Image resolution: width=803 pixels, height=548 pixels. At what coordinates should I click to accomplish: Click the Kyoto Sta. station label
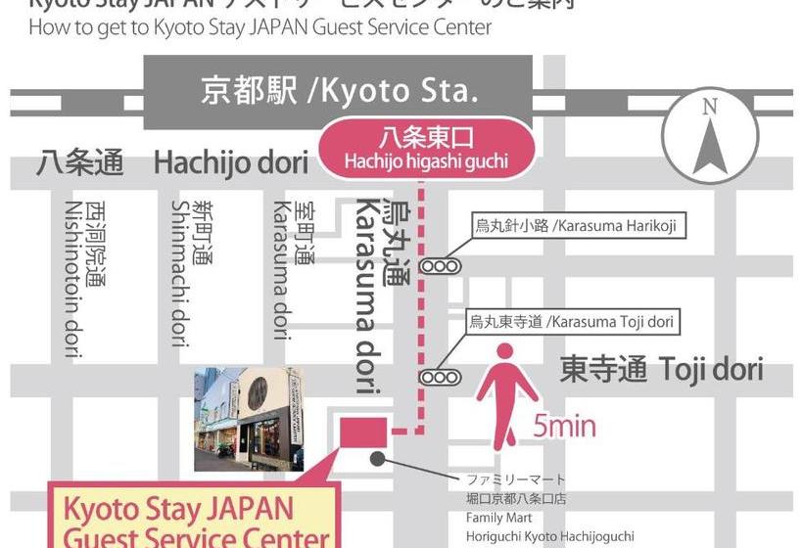[x=339, y=91]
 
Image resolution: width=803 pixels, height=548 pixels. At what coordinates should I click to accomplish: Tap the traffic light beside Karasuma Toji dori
[x=440, y=377]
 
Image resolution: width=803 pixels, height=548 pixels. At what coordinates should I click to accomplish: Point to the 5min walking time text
[x=565, y=427]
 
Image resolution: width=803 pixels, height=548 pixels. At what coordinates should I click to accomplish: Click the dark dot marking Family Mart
[x=377, y=458]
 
